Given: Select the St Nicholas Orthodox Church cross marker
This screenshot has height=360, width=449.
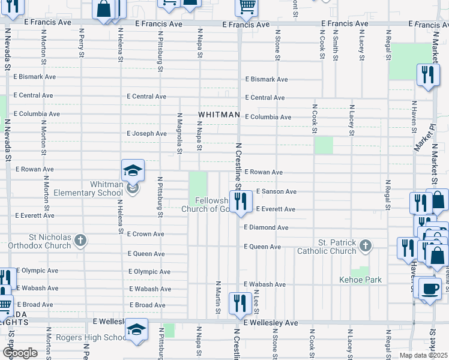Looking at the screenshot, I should (80, 241).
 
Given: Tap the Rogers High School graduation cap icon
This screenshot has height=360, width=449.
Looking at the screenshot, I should (136, 330).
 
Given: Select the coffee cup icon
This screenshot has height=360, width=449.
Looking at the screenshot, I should (429, 289).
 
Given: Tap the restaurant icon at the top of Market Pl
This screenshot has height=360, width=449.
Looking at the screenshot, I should (427, 75).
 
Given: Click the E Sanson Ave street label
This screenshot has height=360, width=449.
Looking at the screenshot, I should (276, 191).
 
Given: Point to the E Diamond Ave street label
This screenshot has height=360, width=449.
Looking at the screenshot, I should (266, 228).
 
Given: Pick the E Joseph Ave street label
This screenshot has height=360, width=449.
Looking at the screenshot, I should (146, 133).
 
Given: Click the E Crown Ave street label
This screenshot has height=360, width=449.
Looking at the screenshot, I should (146, 234).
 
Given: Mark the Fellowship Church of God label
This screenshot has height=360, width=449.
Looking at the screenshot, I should (207, 205).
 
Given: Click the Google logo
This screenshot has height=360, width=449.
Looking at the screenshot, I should (19, 353).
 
